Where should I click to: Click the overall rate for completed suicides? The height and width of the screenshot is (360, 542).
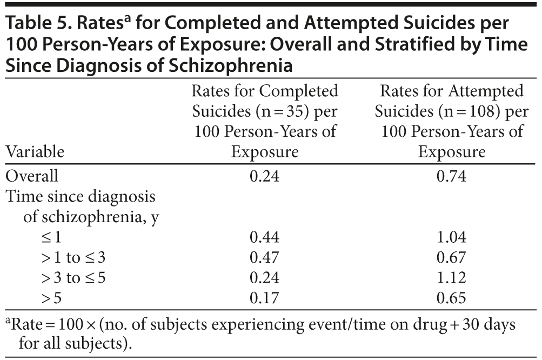(x=265, y=177)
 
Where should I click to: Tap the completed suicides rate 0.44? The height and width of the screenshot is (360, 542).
(x=265, y=237)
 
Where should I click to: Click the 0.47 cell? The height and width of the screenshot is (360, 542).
(x=265, y=257)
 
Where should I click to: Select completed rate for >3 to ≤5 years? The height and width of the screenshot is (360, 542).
(x=265, y=277)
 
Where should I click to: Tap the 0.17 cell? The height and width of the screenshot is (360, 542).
(x=265, y=297)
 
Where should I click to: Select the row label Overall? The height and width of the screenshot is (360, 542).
(x=32, y=177)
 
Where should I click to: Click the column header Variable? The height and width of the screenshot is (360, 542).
(x=35, y=152)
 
